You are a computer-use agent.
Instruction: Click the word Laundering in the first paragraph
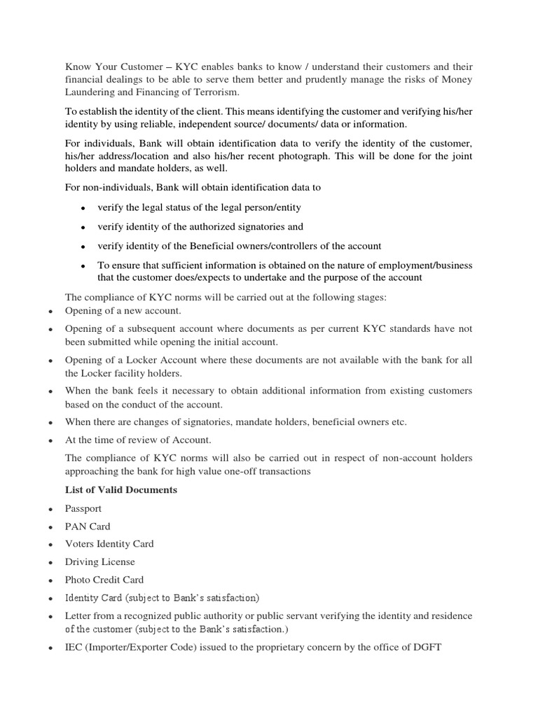click(92, 92)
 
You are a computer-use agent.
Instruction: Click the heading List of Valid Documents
click(121, 489)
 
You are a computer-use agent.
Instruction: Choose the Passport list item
click(83, 508)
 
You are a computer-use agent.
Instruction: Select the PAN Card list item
click(88, 526)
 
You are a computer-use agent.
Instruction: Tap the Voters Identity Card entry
click(109, 543)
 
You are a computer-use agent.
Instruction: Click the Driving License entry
click(100, 562)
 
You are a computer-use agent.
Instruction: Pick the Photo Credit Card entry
click(104, 579)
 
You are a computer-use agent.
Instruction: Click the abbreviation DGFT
click(426, 647)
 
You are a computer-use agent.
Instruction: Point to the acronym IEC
click(75, 647)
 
